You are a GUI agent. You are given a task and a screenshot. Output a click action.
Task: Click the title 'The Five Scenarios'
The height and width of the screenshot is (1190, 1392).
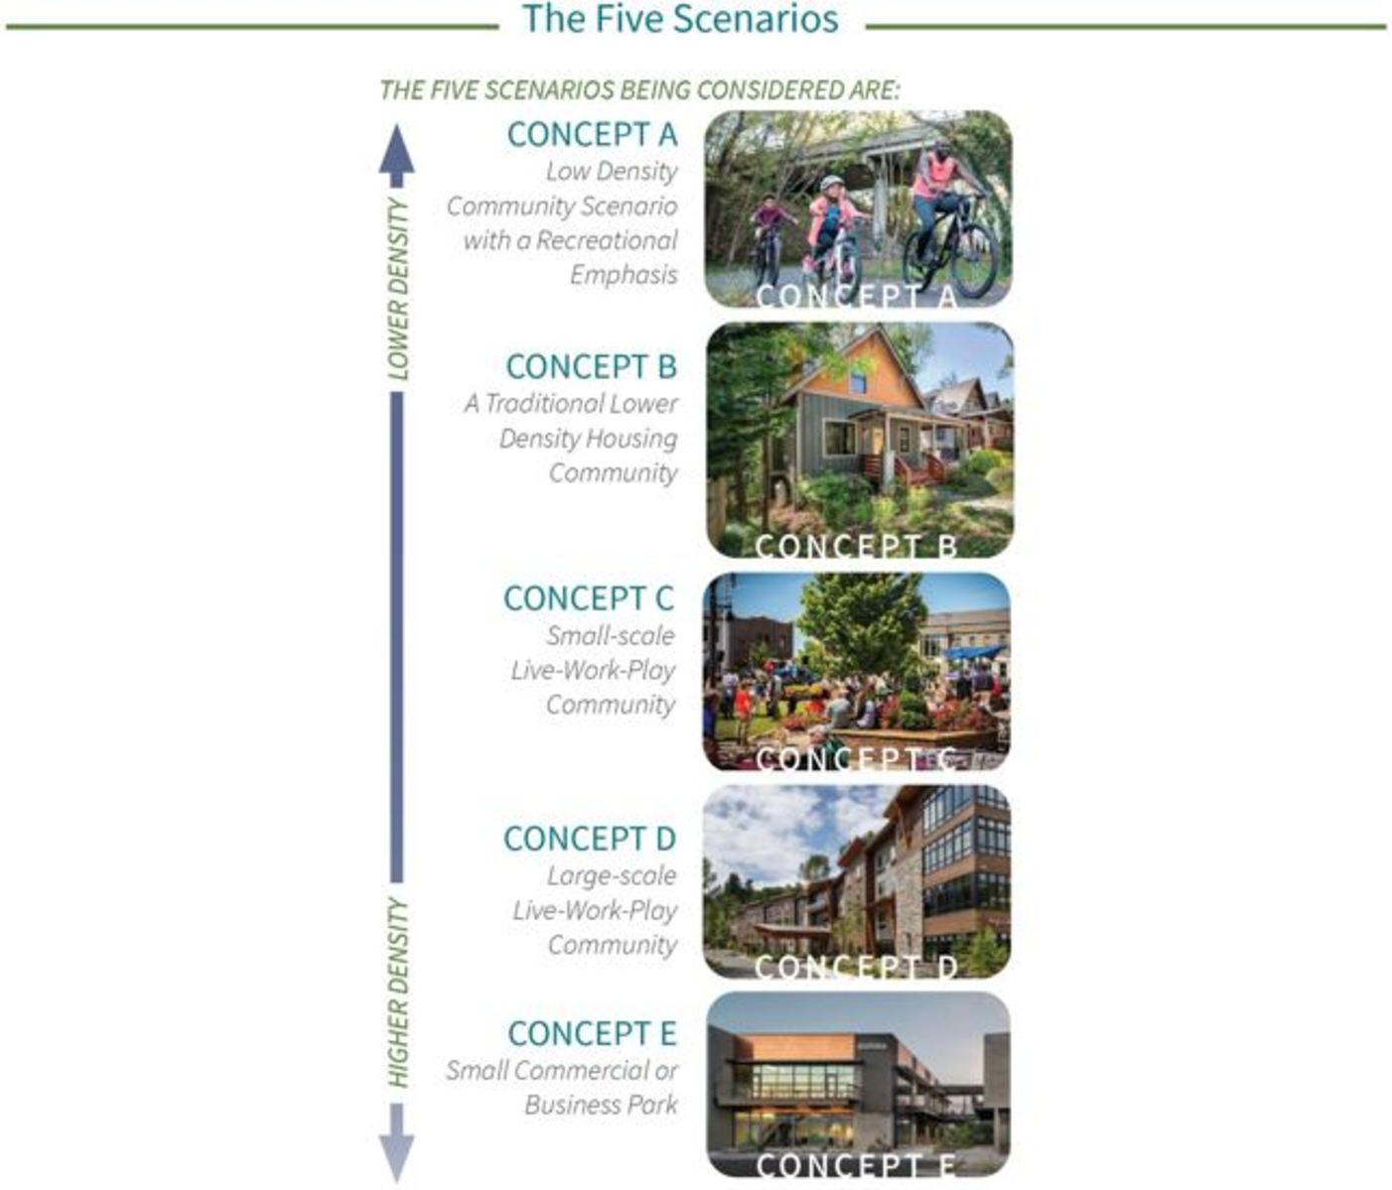point(680,18)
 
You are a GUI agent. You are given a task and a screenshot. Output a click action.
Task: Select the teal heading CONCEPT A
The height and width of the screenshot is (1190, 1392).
point(592,134)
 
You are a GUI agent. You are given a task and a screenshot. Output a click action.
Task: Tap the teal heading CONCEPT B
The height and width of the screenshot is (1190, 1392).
point(592,367)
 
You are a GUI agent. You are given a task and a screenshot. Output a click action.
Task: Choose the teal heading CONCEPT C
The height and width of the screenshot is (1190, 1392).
point(589,598)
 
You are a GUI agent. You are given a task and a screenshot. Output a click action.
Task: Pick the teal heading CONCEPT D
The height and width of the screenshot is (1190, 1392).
point(589,839)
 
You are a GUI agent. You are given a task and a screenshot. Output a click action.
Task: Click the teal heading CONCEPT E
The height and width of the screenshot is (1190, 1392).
point(592,1033)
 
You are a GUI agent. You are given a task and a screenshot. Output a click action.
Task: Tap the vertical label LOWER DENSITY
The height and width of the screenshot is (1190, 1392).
point(397,289)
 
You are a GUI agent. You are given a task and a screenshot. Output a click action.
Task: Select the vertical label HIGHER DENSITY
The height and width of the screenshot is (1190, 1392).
point(397,992)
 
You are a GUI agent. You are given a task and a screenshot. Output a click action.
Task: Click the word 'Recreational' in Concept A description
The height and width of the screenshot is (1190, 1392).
point(606,240)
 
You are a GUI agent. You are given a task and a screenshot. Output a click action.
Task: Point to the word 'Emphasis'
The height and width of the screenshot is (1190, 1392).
point(624,275)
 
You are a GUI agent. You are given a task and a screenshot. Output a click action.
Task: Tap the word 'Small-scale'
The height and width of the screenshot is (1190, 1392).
point(611,635)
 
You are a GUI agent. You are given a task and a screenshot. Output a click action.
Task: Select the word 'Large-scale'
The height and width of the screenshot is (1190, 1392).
point(612,875)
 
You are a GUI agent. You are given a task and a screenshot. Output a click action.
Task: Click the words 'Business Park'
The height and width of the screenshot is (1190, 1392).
point(601,1105)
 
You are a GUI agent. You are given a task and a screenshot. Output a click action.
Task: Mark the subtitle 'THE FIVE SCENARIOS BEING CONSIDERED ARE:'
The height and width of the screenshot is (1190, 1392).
point(639,90)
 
